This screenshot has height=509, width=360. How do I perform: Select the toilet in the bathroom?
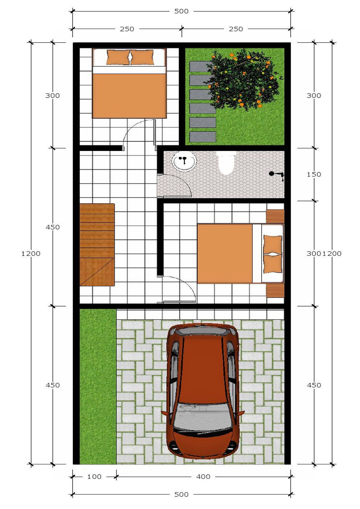(226, 163)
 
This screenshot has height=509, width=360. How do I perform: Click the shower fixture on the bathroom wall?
(277, 175)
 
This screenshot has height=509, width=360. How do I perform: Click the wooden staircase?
(97, 245)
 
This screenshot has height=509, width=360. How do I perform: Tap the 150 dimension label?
(314, 174)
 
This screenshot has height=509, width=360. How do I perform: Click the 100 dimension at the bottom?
(94, 476)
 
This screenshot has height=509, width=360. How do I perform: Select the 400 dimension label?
(203, 476)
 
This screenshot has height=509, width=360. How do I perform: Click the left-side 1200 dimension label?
(31, 253)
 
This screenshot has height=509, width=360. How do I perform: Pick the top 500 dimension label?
(181, 11)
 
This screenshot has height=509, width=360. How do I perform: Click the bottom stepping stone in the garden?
(203, 137)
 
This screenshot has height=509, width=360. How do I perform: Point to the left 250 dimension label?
(127, 29)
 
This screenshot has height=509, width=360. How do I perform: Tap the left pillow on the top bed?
(118, 57)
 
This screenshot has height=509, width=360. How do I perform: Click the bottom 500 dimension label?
(181, 494)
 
